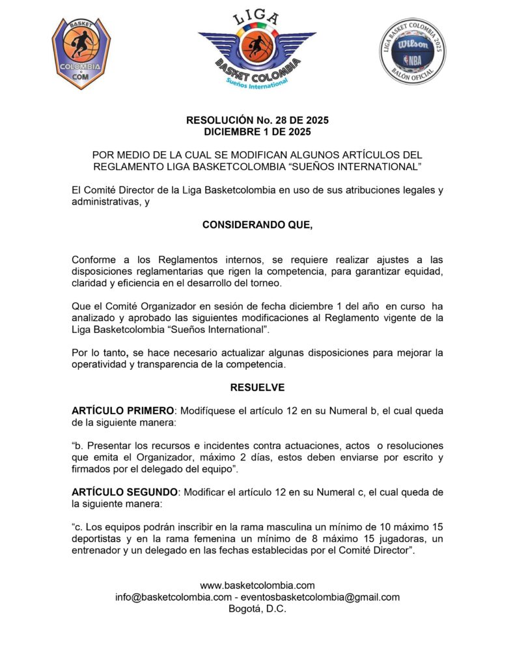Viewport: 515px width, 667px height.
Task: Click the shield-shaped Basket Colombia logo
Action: (x=81, y=53)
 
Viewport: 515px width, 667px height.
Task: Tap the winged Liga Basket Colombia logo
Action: (x=257, y=50)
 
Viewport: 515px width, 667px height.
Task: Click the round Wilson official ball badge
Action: (x=413, y=51)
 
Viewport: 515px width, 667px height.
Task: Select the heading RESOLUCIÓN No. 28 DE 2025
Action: (x=257, y=121)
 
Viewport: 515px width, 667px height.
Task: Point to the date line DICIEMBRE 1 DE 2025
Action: (x=257, y=132)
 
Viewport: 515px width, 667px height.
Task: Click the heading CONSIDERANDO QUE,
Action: (x=257, y=225)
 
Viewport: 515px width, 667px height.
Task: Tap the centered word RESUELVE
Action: (x=257, y=388)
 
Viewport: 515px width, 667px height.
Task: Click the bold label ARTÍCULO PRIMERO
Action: (x=123, y=411)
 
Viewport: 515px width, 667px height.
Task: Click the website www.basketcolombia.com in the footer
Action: (x=257, y=586)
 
